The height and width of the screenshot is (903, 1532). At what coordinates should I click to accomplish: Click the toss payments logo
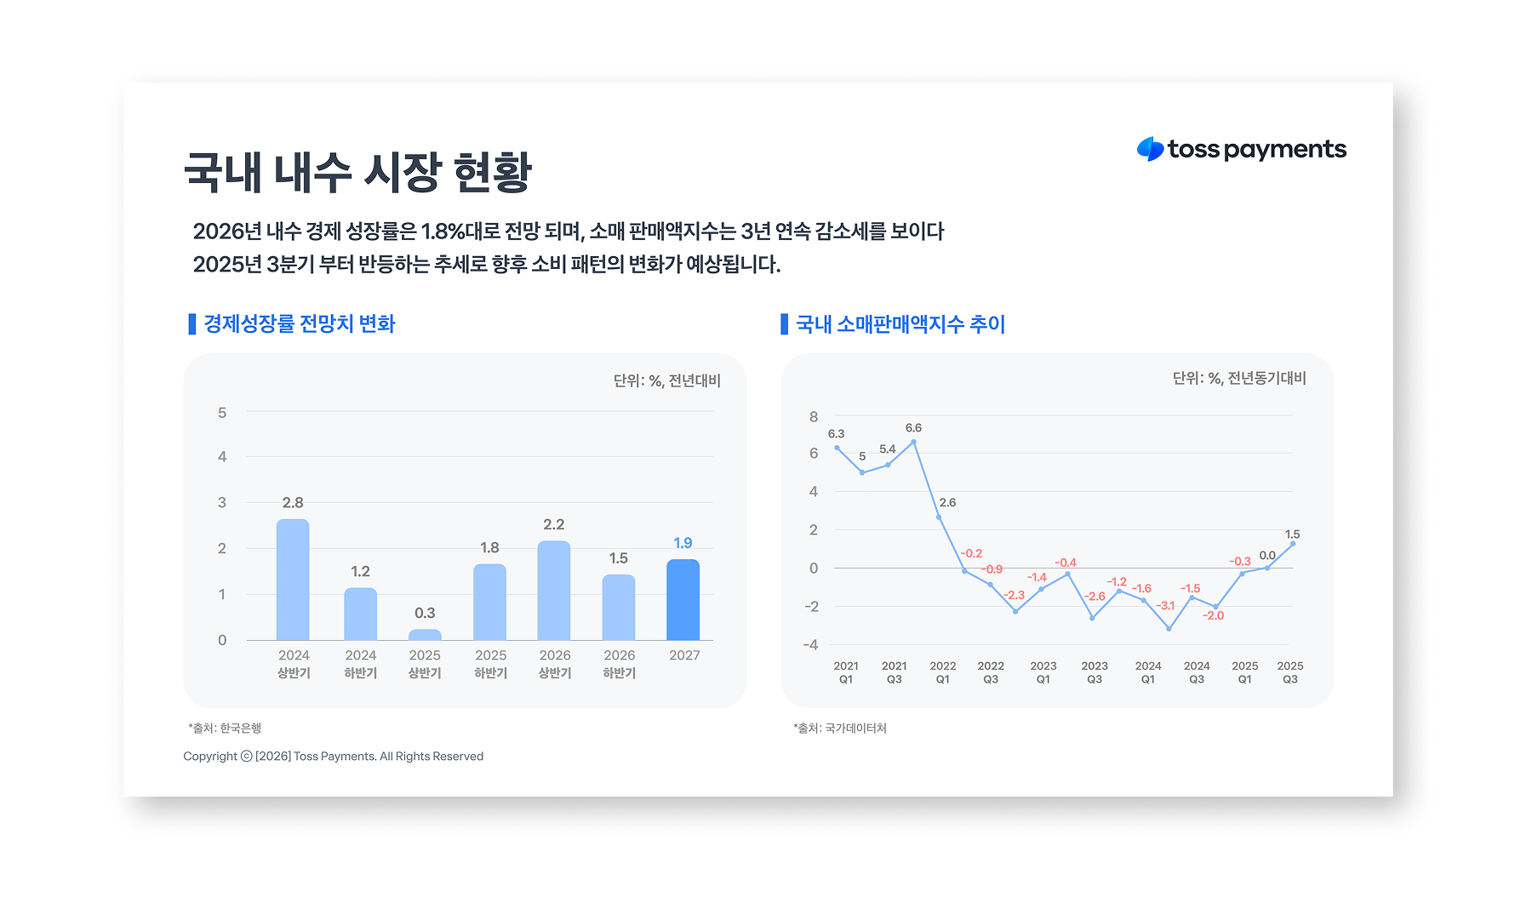pos(1241,150)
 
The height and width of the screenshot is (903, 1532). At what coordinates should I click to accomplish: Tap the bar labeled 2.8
pos(293,580)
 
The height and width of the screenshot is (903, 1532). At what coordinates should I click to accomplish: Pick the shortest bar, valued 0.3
pos(425,635)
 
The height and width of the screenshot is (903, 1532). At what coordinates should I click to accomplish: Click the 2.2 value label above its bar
pos(553,524)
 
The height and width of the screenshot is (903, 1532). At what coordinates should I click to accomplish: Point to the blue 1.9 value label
pos(683,543)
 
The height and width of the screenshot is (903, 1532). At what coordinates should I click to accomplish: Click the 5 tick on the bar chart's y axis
pos(222,413)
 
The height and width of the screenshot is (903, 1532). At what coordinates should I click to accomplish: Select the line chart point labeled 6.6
pos(913,442)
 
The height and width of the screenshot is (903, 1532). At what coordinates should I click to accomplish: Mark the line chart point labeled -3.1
pos(1169,628)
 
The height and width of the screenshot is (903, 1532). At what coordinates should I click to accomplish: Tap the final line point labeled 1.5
pos(1293,543)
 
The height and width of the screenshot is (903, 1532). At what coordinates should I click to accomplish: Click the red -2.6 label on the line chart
pos(1095,596)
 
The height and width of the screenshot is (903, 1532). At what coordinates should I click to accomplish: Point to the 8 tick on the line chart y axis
pos(814,417)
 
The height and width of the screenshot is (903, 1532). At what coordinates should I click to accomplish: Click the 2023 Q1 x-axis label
pos(1043,672)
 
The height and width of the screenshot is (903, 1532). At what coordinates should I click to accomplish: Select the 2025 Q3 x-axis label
pos(1289,672)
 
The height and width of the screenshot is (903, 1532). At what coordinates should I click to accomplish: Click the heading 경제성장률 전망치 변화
pos(299,324)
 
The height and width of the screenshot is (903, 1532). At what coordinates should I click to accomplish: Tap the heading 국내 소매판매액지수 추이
pos(900,324)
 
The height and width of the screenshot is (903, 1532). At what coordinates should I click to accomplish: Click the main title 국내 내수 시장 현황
pos(357,173)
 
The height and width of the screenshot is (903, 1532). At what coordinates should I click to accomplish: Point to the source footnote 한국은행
pos(225,729)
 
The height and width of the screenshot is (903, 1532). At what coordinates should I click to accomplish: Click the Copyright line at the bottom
pos(333,757)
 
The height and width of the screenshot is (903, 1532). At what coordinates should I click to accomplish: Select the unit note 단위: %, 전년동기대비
pos(1238,379)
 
